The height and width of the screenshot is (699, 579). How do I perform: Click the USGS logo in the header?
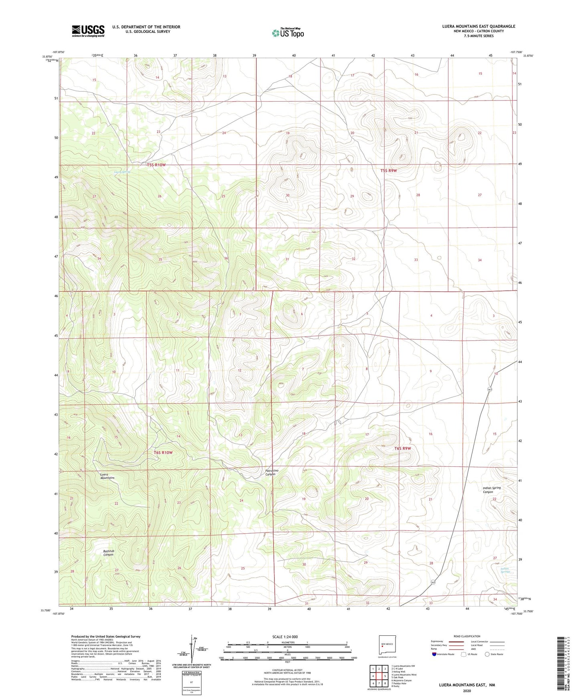coord(88,31)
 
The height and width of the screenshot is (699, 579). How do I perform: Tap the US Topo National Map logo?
coord(288,32)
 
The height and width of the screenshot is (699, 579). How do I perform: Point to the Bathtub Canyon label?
coord(109,553)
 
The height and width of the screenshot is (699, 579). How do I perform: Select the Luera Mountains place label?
coord(107,476)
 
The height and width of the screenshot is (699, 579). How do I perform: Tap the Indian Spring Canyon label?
coord(492,490)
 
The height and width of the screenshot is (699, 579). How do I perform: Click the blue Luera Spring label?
coord(122,172)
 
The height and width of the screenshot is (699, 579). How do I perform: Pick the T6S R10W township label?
coord(163,452)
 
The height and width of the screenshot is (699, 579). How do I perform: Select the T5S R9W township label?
coord(388,171)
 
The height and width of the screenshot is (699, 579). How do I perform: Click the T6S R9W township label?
coord(403,448)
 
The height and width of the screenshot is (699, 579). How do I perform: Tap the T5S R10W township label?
coord(156,165)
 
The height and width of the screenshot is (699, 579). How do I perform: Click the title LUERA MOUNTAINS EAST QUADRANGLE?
coord(478,26)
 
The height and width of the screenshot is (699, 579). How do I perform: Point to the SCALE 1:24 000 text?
coord(285,637)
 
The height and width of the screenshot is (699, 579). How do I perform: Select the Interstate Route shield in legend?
coord(434,654)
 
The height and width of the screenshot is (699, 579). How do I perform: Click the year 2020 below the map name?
coord(467,691)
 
